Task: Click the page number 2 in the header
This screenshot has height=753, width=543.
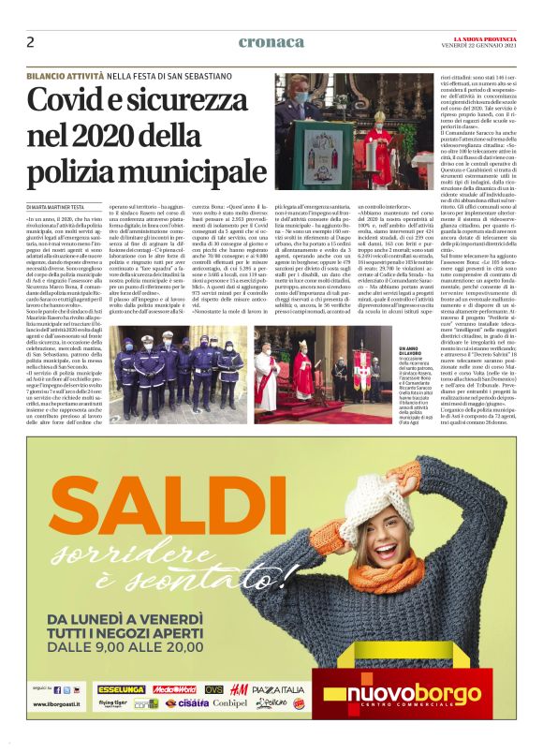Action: [31, 41]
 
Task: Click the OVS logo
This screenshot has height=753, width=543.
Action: [213, 689]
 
